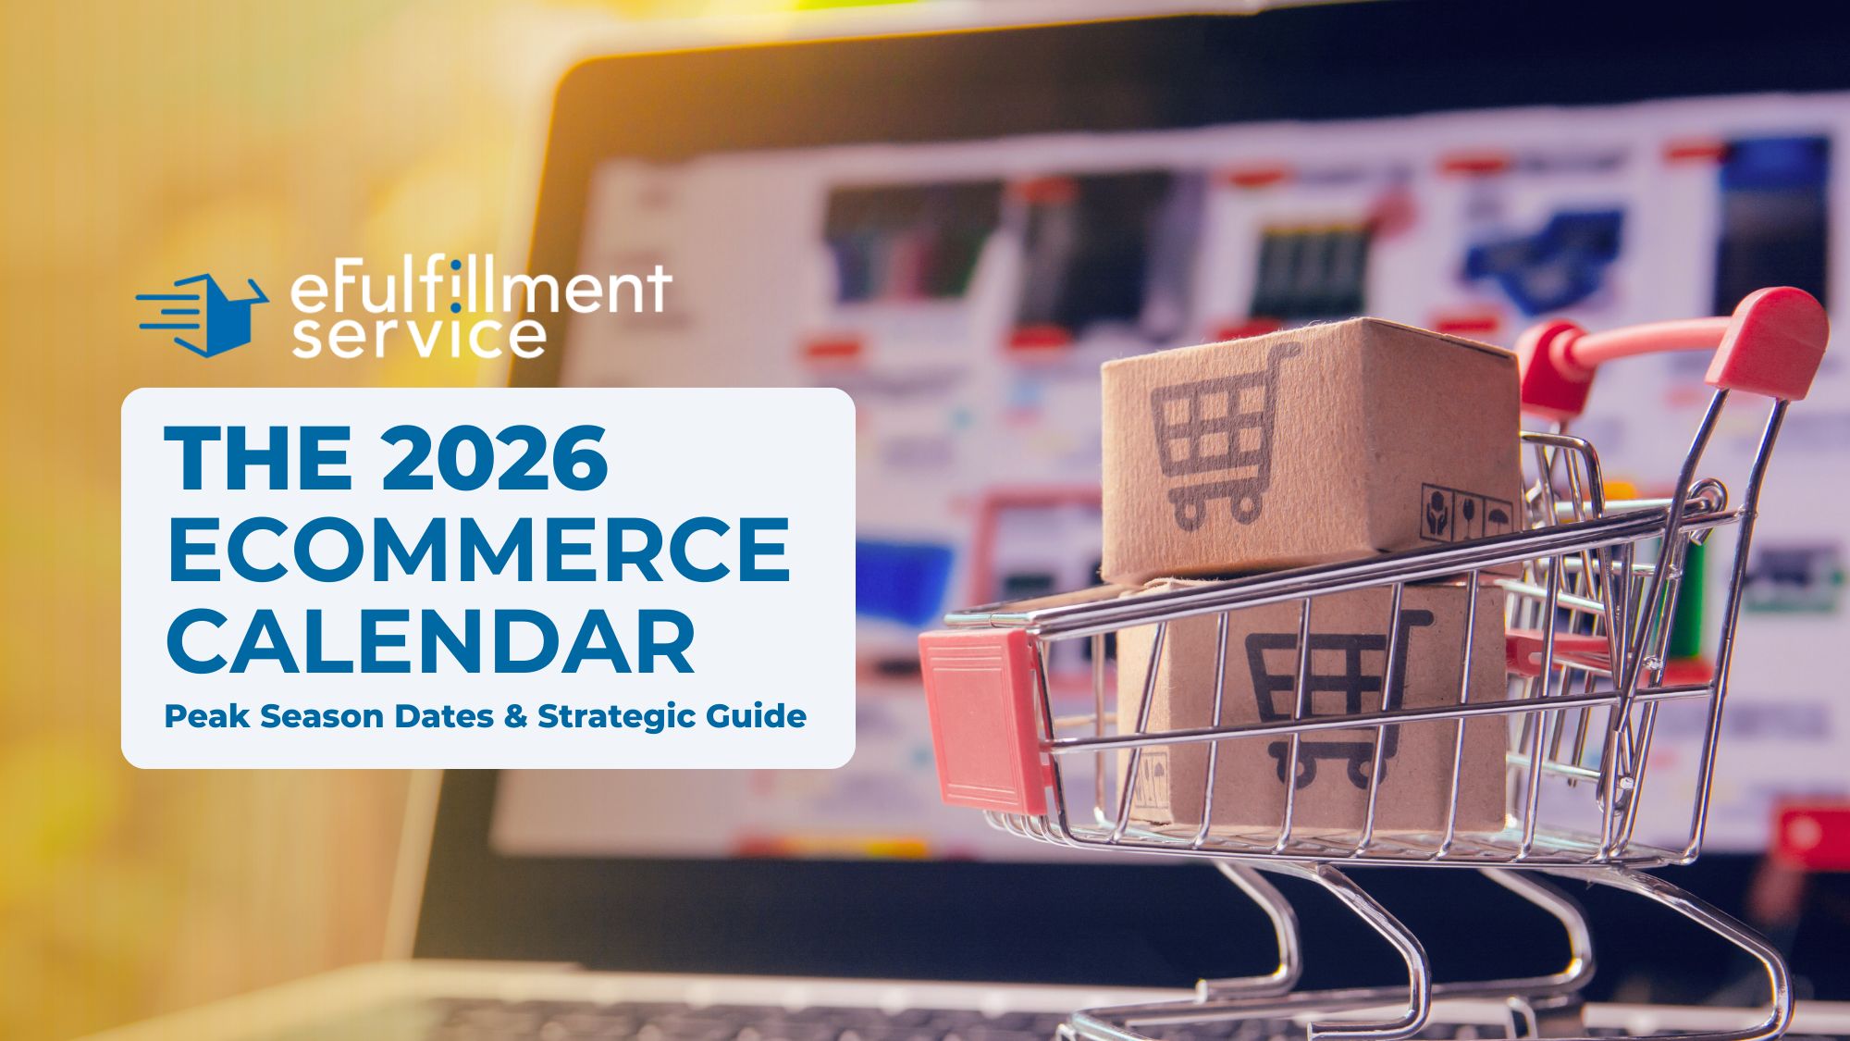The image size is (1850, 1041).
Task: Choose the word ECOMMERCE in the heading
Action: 478,549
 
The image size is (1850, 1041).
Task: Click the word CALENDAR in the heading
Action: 430,640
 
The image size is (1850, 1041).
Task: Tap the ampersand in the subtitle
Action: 515,716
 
